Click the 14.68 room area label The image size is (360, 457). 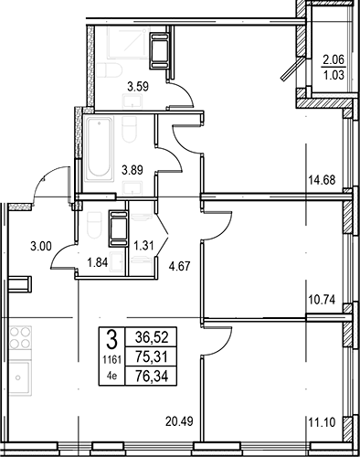tap(322, 180)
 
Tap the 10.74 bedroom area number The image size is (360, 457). tap(322, 300)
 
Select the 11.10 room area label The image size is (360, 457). tap(322, 422)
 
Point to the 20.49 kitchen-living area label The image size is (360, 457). tap(179, 421)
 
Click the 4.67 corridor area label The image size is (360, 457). tap(179, 267)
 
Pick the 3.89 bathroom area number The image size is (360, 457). tap(132, 170)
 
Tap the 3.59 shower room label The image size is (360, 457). tap(138, 87)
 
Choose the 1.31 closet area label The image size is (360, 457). tap(143, 246)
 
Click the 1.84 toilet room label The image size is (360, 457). tap(98, 262)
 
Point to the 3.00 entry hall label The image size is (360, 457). tap(41, 246)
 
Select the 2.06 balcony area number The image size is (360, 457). tap(334, 60)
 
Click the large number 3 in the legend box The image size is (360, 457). tap(111, 340)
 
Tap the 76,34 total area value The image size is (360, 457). tap(152, 376)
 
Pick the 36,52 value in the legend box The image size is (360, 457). tap(152, 337)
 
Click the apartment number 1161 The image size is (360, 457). tap(111, 360)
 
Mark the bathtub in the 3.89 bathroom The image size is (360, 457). tap(99, 149)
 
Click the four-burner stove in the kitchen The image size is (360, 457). tap(20, 337)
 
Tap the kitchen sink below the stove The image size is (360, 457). tap(20, 378)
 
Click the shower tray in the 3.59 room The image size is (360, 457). tap(128, 43)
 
